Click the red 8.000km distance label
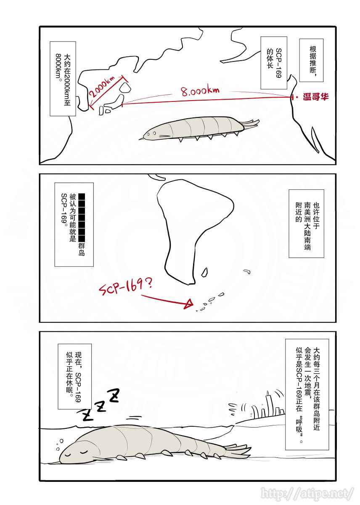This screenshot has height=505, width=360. coord(200,91)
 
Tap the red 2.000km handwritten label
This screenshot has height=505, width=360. coord(102,86)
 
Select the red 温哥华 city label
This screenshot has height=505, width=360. coord(315,97)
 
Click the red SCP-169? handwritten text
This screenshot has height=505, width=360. coord(125,287)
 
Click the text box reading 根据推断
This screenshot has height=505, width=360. coord(311,60)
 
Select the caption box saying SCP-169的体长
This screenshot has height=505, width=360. coord(273,63)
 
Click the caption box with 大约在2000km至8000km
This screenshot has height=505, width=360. coord(63,79)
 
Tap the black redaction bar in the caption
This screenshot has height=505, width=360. coord(82,218)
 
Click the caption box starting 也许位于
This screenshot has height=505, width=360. coord(307,223)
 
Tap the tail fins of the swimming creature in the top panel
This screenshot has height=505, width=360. coord(251,124)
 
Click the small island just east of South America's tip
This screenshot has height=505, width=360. coord(204,272)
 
